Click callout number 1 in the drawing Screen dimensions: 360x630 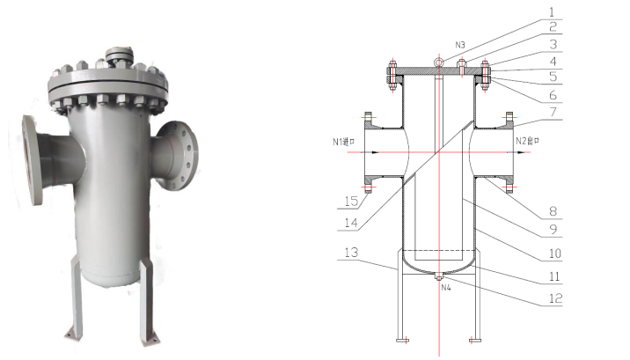click(552, 12)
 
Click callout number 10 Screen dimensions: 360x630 click(552, 253)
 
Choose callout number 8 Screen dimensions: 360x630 click(552, 212)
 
